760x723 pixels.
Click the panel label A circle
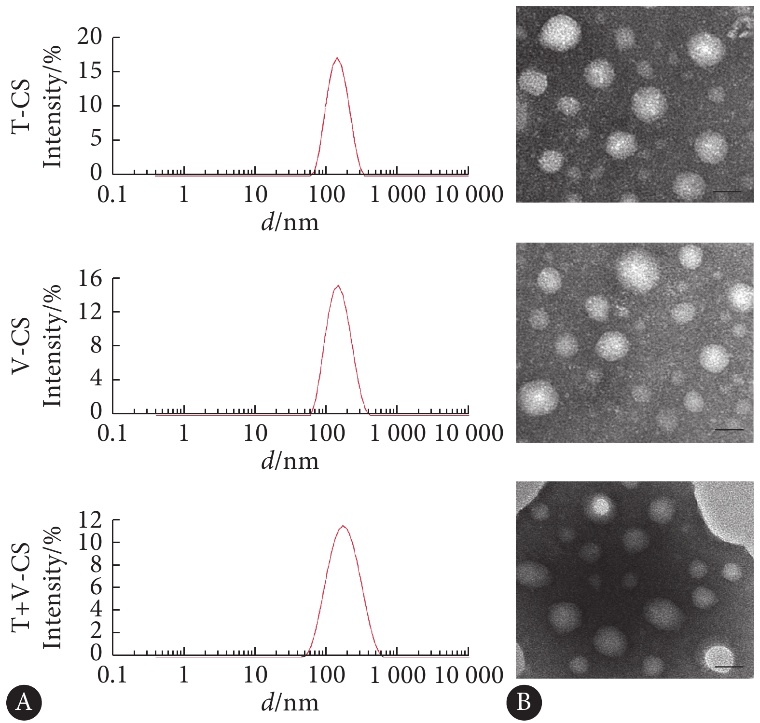pyautogui.click(x=24, y=702)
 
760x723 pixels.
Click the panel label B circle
pyautogui.click(x=524, y=702)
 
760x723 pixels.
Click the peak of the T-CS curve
pyautogui.click(x=337, y=58)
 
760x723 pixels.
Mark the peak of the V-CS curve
pyautogui.click(x=338, y=286)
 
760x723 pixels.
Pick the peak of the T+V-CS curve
pyautogui.click(x=343, y=526)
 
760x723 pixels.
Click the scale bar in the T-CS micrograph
pyautogui.click(x=726, y=191)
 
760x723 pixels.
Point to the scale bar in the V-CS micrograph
pyautogui.click(x=729, y=429)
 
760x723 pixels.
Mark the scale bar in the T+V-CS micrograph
pyautogui.click(x=728, y=667)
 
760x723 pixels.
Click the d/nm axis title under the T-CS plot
pyautogui.click(x=290, y=222)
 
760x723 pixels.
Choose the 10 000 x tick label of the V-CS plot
pyautogui.click(x=469, y=433)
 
